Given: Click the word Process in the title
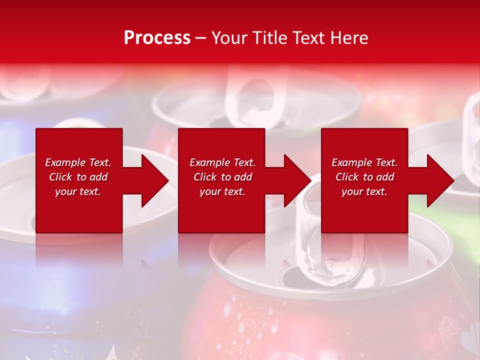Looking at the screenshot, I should click(x=157, y=38).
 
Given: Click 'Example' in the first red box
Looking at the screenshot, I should click(x=65, y=162).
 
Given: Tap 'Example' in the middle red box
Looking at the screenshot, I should click(x=209, y=162).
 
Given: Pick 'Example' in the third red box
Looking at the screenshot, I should click(x=351, y=162).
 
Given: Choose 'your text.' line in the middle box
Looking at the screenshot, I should click(x=222, y=191).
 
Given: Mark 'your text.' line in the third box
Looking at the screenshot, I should click(x=364, y=191).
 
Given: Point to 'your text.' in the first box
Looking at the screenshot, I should click(x=78, y=191).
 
